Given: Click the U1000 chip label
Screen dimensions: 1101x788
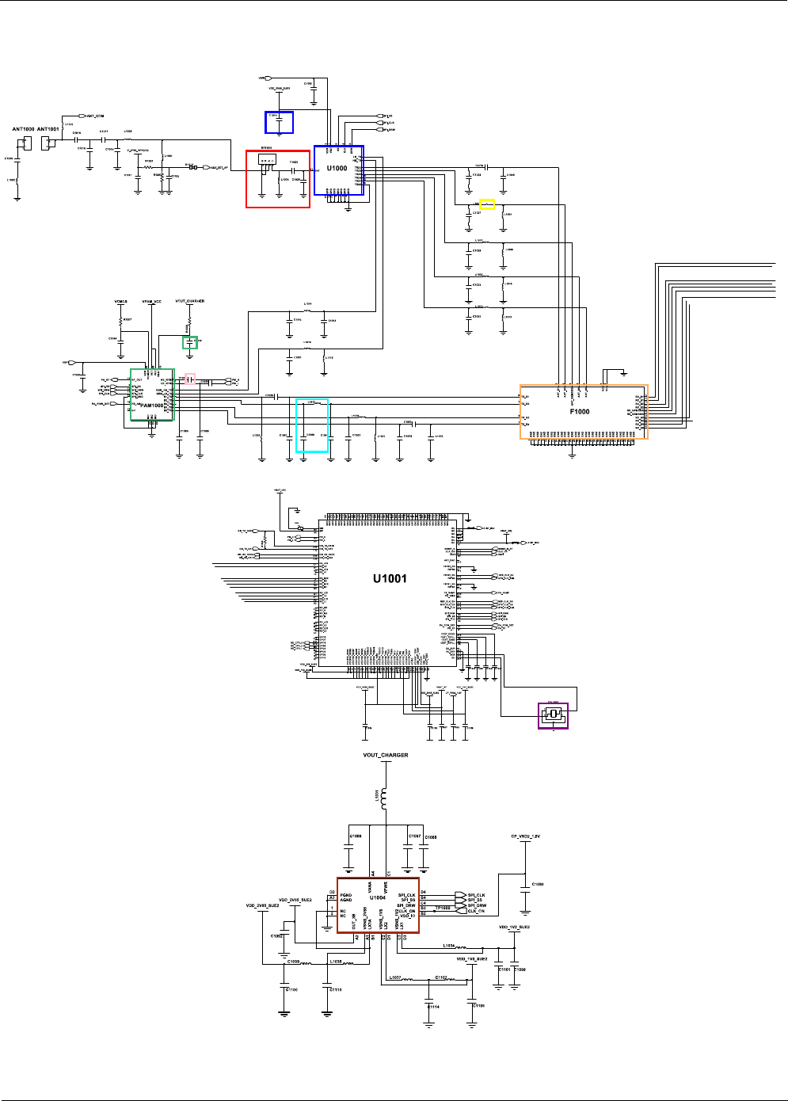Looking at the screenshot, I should coord(337,168).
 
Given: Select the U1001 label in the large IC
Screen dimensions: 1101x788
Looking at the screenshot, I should coord(390,579).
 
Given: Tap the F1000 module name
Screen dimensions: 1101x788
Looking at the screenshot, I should coord(580,412).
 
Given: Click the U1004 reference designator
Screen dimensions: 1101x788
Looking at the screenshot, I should coord(378,897).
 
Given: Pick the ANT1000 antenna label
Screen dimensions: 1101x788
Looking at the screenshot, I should coord(24,129).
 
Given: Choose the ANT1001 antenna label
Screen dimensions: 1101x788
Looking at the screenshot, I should coord(48,129).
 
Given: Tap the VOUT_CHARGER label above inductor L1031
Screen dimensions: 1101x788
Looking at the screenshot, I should coord(386,756).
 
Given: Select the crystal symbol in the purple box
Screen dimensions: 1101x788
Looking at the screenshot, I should coord(553,714).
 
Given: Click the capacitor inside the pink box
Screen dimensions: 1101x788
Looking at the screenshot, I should coord(190,379).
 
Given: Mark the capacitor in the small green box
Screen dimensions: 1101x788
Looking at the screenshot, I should coord(190,342).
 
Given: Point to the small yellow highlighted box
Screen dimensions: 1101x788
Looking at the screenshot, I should coord(487,204).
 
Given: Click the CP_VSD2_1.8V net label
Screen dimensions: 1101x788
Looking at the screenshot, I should coord(525,836).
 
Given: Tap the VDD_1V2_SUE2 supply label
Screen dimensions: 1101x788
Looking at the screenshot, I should coord(514,927).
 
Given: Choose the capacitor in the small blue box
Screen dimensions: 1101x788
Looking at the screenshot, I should coord(279,122).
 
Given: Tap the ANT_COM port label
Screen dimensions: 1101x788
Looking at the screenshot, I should coord(95,116).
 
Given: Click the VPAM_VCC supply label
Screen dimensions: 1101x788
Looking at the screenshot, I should coord(151,302).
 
